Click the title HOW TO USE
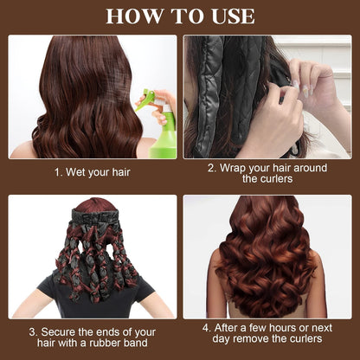tap(180, 16)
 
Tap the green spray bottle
tap(162, 129)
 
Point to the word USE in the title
tap(229, 16)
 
